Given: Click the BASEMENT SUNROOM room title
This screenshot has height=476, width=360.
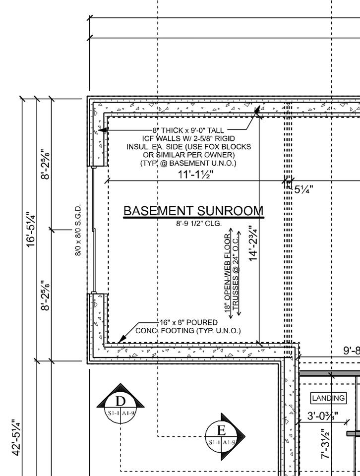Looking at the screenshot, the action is click(193, 211).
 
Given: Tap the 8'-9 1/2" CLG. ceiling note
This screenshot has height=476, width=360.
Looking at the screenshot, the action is click(199, 224).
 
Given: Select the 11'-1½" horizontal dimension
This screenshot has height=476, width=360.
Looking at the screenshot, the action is click(195, 175).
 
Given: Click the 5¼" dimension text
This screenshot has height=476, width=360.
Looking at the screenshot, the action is click(303, 190).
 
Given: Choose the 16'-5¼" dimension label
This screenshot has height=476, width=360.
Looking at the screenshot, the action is click(31, 230).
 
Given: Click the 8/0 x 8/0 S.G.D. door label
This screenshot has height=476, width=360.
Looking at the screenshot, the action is click(78, 230).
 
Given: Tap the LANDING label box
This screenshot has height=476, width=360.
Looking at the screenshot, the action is click(328, 398).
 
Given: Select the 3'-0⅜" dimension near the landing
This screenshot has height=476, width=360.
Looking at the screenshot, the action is click(323, 416).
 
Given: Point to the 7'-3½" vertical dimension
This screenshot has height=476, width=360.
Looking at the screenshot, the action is click(325, 443).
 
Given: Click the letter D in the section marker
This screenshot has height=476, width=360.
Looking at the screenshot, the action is click(120, 401).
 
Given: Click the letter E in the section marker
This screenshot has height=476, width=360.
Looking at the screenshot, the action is click(221, 430).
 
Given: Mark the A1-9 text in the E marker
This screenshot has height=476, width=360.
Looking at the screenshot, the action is click(229, 443).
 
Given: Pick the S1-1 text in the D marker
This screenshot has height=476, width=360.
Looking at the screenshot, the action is click(114, 413).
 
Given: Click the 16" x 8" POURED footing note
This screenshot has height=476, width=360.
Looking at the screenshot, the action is click(188, 322).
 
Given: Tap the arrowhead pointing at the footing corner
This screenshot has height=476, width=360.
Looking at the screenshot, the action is click(121, 339).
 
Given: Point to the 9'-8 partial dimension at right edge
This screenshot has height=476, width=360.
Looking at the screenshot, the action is click(352, 351).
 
